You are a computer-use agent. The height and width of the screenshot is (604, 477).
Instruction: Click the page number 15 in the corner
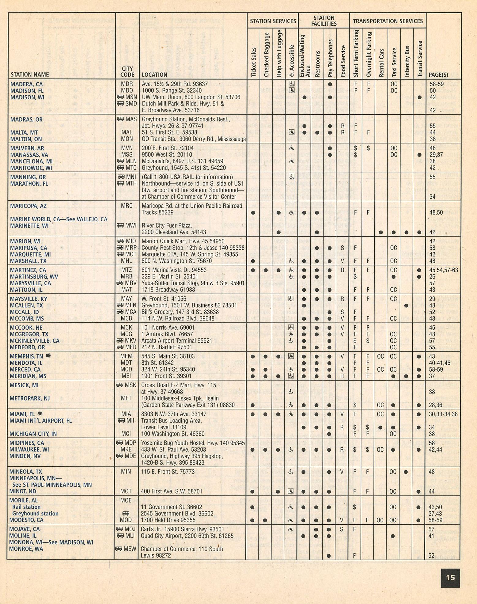[x=450, y=578]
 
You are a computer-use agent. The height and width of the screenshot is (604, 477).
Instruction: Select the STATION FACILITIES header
[x=324, y=21]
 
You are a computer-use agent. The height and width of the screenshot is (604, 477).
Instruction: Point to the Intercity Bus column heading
[x=407, y=61]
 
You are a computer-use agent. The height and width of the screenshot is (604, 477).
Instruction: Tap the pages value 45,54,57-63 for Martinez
[x=443, y=270]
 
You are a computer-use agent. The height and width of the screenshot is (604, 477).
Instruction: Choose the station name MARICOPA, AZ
[x=28, y=206]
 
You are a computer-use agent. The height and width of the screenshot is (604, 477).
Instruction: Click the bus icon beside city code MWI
[x=120, y=226]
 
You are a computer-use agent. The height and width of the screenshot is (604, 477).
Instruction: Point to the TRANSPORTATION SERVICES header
[x=388, y=21]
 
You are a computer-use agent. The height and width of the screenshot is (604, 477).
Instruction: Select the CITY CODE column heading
[x=127, y=72]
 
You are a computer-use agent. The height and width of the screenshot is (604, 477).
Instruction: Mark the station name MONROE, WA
[x=26, y=549]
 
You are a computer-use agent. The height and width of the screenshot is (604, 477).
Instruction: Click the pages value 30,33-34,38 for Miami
[x=443, y=414]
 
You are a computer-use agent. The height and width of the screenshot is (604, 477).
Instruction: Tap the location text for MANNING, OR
[x=187, y=177]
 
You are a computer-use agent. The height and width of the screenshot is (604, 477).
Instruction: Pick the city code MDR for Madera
[x=127, y=84]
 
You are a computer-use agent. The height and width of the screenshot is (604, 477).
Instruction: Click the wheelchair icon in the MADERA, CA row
[x=292, y=84]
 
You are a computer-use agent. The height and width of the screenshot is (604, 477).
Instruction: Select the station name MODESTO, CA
[x=26, y=520]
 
